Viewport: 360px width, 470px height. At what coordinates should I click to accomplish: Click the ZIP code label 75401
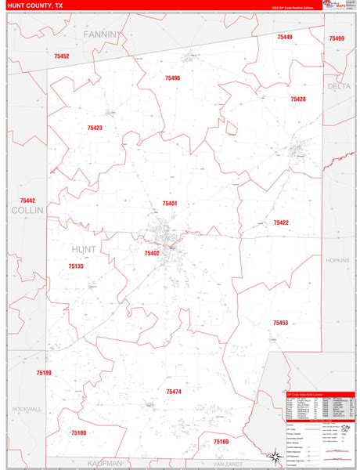click(170, 204)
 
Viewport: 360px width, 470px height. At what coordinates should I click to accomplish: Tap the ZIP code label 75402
click(152, 253)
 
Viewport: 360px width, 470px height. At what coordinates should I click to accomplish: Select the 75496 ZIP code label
click(172, 78)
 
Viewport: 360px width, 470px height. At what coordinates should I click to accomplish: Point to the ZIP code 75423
click(95, 128)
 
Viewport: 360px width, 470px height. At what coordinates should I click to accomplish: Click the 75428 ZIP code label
click(298, 99)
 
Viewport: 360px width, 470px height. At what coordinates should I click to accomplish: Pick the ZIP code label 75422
click(281, 222)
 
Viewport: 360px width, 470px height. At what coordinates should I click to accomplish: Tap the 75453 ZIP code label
click(280, 323)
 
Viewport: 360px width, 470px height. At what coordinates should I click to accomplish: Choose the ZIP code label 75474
click(174, 391)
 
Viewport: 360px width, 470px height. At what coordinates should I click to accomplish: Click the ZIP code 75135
click(76, 266)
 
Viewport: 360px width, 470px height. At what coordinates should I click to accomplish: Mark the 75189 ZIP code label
click(44, 373)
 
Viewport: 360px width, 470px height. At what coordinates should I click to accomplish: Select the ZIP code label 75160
click(78, 433)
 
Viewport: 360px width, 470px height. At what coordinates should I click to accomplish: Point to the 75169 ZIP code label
click(221, 442)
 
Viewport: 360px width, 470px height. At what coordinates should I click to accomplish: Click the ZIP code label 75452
click(62, 56)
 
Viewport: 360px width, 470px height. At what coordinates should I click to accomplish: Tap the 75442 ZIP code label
click(27, 201)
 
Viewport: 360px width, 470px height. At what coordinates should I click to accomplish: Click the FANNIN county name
click(101, 34)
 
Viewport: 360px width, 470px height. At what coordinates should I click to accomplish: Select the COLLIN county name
click(24, 211)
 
